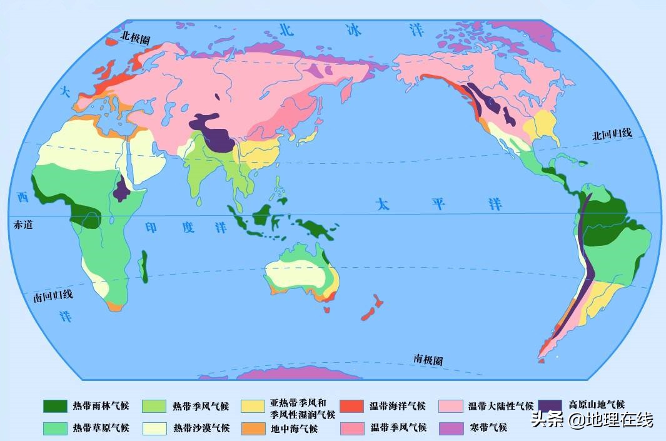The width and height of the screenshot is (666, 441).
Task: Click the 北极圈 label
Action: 136,39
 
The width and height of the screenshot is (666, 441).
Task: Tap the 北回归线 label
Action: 613,134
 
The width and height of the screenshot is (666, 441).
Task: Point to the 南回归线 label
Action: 53,296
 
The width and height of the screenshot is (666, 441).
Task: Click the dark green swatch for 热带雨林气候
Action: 55,406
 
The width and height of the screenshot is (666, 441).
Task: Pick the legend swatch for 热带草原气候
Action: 55,428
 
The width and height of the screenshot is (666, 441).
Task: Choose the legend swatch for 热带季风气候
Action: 154,406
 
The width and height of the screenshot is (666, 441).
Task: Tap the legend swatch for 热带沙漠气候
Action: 154,428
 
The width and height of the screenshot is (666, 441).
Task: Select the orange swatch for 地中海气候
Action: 253,428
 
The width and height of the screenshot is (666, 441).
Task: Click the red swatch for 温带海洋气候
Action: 352,406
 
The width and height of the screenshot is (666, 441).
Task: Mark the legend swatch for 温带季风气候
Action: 352,428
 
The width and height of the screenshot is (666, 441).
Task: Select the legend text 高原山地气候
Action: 597,405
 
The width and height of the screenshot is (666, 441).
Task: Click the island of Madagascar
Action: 145,266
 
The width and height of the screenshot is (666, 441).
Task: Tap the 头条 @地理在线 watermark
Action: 592,420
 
